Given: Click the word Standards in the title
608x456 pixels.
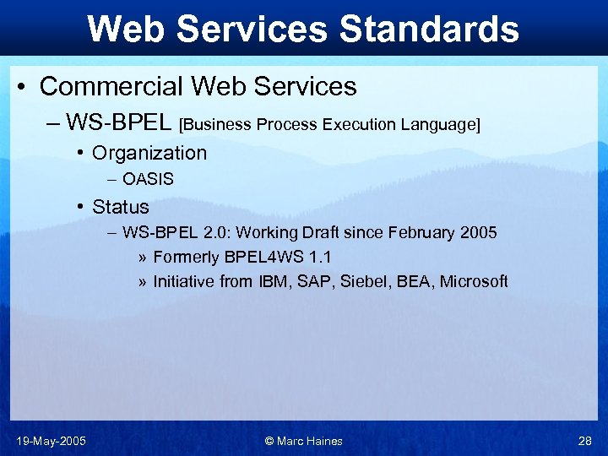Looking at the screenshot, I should coord(428,29).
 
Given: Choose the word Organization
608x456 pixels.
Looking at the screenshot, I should coord(149,153).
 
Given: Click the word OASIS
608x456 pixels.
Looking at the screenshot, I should coord(148,179).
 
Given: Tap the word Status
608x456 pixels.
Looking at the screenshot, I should coord(121,207).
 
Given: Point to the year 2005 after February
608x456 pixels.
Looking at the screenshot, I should coord(479,232).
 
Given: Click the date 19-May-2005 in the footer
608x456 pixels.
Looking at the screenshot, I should coord(51,441).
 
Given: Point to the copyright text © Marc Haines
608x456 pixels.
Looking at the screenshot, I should coord(304,441).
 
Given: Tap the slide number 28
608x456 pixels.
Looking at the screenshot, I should coord(585,441).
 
